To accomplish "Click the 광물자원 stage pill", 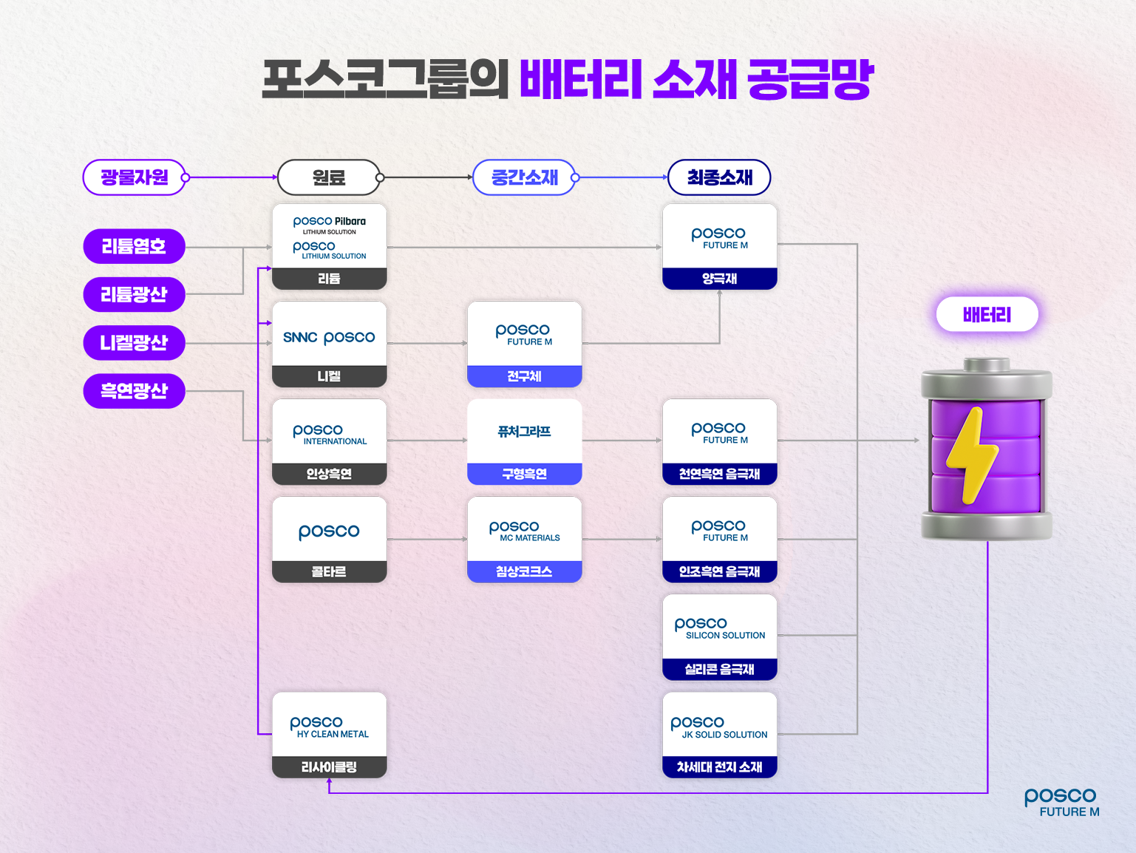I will (134, 177).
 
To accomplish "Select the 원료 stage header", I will (329, 177).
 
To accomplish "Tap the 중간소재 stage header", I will (524, 177).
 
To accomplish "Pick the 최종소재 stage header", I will (719, 177).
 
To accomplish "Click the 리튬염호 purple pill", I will (134, 246).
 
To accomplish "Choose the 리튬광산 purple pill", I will (134, 295).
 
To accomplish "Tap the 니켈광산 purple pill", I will (134, 343).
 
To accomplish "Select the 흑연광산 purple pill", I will (134, 391).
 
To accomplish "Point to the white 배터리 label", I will (987, 315).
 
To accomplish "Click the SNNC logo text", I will (300, 338).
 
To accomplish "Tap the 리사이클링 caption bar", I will (329, 767).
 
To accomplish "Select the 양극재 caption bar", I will (719, 279).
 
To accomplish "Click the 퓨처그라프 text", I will (524, 432).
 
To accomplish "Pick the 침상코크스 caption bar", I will (524, 571).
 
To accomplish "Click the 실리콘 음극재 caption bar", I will (719, 669).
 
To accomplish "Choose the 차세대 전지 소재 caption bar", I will (719, 767).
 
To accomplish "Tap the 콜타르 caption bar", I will (329, 571).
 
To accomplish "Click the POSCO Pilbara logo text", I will (330, 222).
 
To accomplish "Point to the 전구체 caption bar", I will (524, 376).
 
